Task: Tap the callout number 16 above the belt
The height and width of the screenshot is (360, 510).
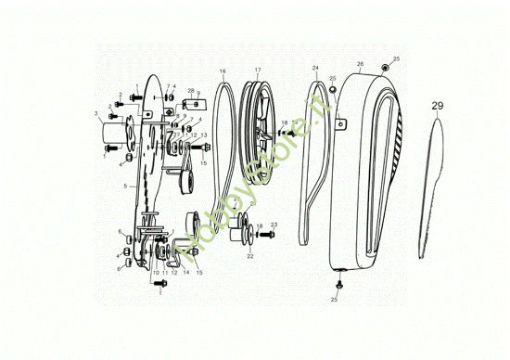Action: [223, 71]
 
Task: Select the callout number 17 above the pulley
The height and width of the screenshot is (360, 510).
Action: [258, 71]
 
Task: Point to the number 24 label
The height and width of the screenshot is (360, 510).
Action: [315, 69]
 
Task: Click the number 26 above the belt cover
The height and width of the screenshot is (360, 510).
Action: [359, 64]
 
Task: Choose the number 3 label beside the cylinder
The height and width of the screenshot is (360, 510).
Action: [96, 116]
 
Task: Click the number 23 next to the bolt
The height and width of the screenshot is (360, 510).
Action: [274, 225]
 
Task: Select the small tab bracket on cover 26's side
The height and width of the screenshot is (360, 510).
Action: [339, 119]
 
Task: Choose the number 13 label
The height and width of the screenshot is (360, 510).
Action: [204, 136]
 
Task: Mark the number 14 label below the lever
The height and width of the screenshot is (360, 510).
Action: [185, 273]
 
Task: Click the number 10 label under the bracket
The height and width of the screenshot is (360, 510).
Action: [156, 274]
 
